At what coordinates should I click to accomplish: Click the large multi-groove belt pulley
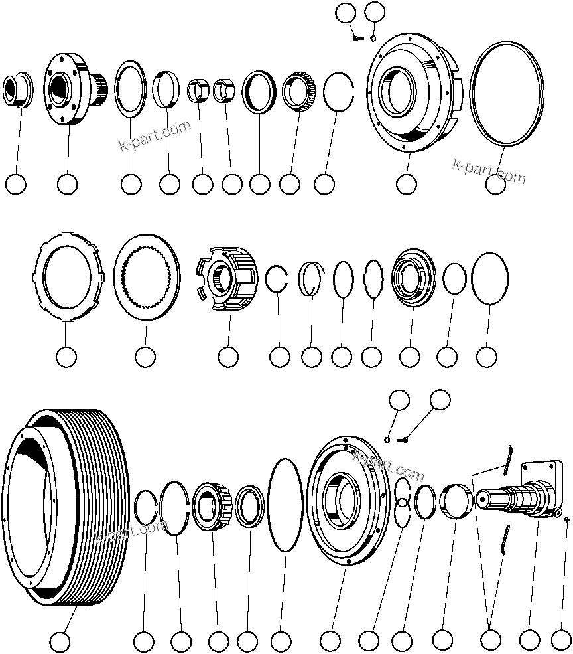point(66,508)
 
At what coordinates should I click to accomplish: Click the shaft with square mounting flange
point(527,495)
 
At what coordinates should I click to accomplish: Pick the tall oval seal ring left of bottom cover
point(286,505)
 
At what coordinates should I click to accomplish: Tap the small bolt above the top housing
point(357,39)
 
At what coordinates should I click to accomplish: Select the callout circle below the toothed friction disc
point(145,357)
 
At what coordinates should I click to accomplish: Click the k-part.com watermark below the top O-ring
point(489,171)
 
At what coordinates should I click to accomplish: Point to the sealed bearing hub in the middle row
point(413,277)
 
